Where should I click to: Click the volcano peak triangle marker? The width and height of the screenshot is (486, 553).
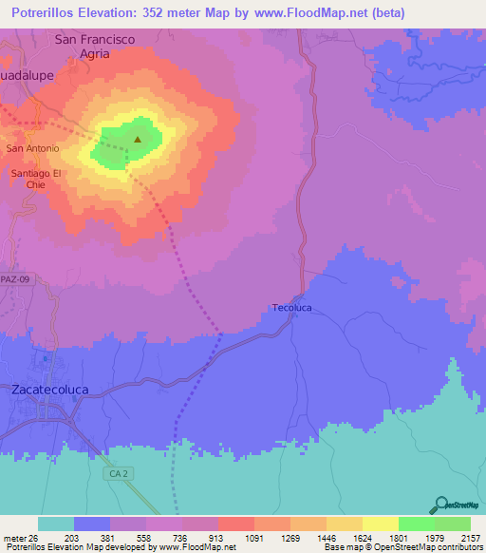pos(138,140)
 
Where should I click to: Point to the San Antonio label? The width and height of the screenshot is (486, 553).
pos(33,149)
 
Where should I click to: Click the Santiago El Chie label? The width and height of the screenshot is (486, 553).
pos(36,180)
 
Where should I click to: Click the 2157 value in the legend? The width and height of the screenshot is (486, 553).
pos(470,537)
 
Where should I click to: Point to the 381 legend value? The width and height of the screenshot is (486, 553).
pos(109,537)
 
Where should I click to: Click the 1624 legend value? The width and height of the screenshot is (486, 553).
pos(362,537)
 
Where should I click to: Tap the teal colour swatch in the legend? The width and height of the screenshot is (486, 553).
pos(55,524)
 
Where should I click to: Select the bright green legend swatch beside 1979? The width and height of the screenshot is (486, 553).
pos(416,524)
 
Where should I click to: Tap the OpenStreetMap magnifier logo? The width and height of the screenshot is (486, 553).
pos(439,505)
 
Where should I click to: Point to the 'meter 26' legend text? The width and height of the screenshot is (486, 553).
pos(20,537)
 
